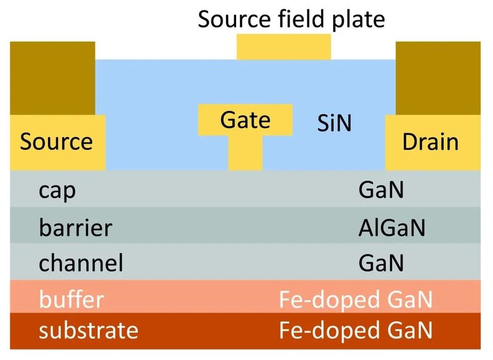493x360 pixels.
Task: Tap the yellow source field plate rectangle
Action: pos(283,47)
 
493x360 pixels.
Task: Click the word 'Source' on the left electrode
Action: pos(56,142)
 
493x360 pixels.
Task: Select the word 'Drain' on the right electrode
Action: pos(431,142)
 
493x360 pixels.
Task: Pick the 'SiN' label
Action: pos(334,124)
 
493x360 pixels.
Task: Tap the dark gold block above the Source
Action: pos(53,77)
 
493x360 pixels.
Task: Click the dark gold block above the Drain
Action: pos(438,77)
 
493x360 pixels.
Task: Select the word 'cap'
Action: pos(57,190)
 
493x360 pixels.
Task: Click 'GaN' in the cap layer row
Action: pos(381,190)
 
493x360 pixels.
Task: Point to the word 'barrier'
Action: pos(75,227)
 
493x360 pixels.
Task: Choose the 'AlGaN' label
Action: pos(392,227)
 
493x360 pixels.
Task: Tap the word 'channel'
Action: pos(81,263)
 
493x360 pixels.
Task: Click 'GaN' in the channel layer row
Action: pos(381,263)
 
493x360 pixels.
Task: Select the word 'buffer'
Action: pos(71,300)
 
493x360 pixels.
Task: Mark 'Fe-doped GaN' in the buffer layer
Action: pos(356,300)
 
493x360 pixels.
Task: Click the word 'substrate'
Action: pos(88,330)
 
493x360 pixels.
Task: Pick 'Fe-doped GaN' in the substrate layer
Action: pos(356,330)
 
